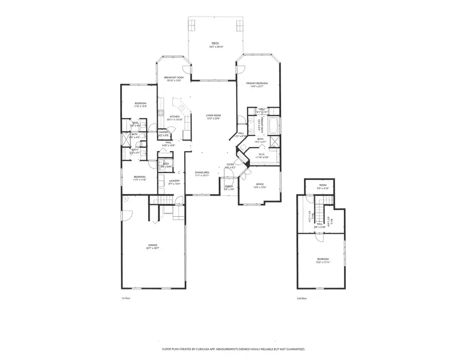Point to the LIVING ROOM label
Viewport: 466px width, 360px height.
(x=213, y=115)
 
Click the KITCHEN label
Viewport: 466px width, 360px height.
(x=174, y=116)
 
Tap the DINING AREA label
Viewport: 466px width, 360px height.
(x=202, y=172)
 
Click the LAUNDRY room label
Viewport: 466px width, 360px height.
(x=174, y=181)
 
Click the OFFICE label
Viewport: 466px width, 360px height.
(x=260, y=184)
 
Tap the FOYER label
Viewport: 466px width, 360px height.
(x=230, y=164)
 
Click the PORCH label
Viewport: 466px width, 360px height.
(x=229, y=186)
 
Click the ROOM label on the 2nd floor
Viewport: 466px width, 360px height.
(x=323, y=185)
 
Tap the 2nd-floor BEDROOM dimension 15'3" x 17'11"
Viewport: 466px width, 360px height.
(x=323, y=262)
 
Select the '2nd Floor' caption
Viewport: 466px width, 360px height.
(x=302, y=298)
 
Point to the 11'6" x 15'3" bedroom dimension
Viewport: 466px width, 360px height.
(x=140, y=107)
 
